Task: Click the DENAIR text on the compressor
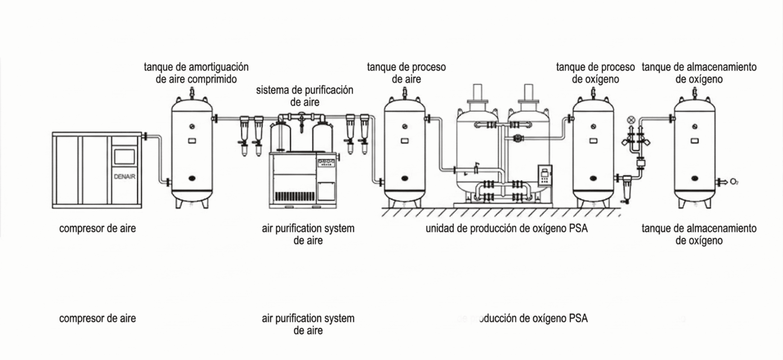(x=125, y=176)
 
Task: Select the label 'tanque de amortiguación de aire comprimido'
(x=196, y=72)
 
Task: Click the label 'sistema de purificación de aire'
(x=304, y=96)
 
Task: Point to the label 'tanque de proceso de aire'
(x=406, y=72)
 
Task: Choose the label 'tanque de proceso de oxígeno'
(x=595, y=72)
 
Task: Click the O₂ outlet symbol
(x=734, y=182)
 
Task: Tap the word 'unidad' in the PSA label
(x=440, y=228)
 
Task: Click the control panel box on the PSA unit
(x=545, y=176)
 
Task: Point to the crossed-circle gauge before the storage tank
(x=631, y=119)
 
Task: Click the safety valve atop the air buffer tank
(x=192, y=92)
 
